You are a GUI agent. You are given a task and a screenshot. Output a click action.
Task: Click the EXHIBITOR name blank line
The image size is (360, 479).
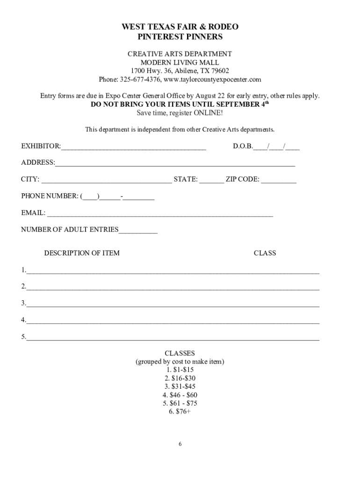pyautogui.click(x=133, y=148)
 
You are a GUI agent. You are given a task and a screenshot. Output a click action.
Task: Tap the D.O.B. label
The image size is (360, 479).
pyautogui.click(x=243, y=146)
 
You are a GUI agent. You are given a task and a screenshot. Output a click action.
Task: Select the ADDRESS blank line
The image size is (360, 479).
pyautogui.click(x=175, y=164)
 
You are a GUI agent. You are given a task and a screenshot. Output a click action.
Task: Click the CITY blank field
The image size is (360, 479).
pyautogui.click(x=106, y=181)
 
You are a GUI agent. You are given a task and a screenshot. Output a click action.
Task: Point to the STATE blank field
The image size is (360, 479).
pyautogui.click(x=212, y=181)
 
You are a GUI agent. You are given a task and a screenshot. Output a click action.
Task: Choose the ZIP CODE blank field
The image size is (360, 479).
pyautogui.click(x=279, y=181)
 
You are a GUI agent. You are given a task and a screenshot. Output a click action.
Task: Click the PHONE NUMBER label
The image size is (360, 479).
pyautogui.click(x=50, y=196)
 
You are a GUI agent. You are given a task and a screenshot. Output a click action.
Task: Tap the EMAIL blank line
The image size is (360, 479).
pyautogui.click(x=160, y=215)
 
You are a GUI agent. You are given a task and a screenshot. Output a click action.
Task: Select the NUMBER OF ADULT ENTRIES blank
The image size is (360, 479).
pyautogui.click(x=138, y=231)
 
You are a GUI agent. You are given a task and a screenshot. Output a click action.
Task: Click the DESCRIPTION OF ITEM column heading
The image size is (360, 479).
pyautogui.click(x=82, y=253)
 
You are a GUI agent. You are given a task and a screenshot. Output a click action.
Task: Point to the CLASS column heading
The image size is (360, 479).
pyautogui.click(x=265, y=253)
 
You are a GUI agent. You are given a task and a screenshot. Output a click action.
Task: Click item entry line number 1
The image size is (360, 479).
pyautogui.click(x=173, y=271)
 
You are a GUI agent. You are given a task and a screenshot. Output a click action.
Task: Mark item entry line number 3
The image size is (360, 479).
pyautogui.click(x=173, y=305)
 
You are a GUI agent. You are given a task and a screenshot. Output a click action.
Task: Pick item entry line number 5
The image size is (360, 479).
pyautogui.click(x=173, y=338)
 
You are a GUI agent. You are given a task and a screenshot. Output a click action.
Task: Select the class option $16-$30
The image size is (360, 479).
pyautogui.click(x=180, y=378)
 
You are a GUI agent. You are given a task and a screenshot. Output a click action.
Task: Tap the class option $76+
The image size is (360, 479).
pyautogui.click(x=180, y=412)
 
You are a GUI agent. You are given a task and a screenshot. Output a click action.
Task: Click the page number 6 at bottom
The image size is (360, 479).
pyautogui.click(x=180, y=444)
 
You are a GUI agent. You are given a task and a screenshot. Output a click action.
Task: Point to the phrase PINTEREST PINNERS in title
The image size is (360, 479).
pyautogui.click(x=180, y=36)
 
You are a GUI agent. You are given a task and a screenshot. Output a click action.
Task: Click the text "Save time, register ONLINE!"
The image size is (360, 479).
pyautogui.click(x=180, y=113)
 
